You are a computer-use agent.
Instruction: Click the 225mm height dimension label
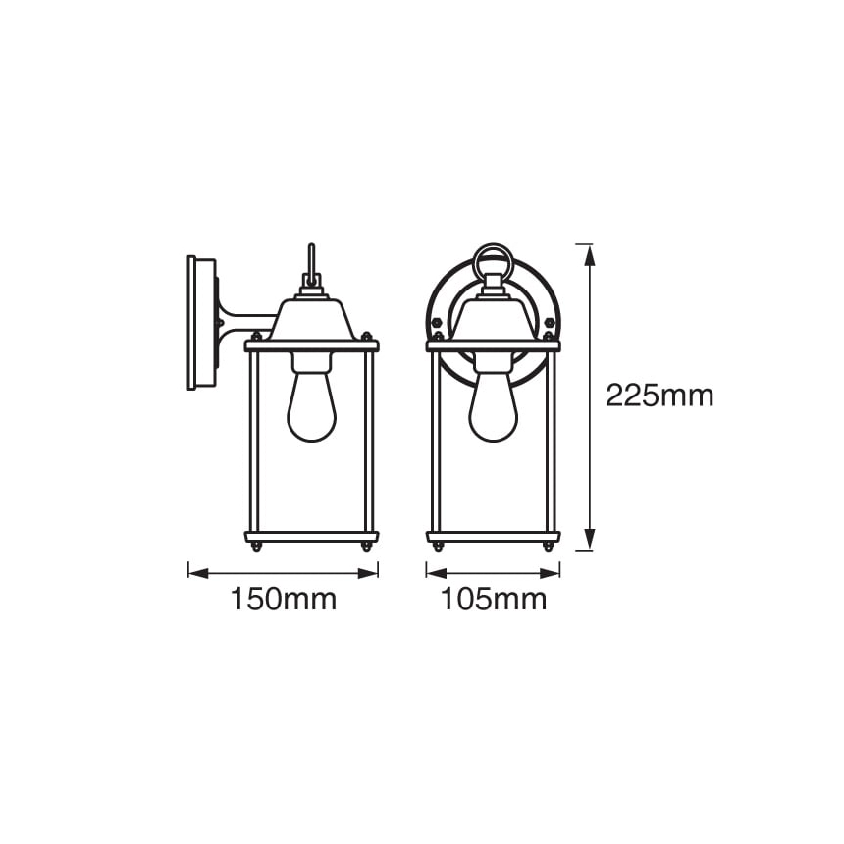coord(659,396)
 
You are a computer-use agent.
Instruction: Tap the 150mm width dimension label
coord(284,599)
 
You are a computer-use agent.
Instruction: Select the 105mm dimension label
coord(494,599)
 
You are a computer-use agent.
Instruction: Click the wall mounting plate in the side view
coord(202,323)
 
